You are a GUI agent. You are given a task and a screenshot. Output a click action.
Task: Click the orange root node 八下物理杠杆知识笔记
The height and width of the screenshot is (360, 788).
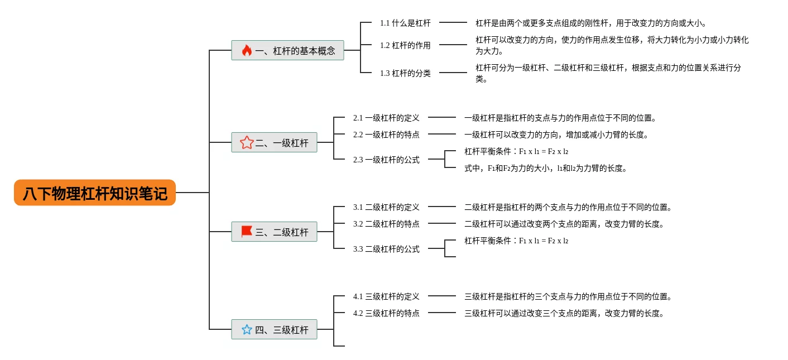click(x=95, y=193)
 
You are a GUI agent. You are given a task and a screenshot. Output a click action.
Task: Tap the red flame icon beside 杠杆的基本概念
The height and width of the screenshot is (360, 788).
click(x=247, y=50)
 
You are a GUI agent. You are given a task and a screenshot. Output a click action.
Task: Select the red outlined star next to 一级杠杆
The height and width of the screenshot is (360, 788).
click(x=247, y=142)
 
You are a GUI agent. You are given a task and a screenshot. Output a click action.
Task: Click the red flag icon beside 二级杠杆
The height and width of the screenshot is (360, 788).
click(x=247, y=232)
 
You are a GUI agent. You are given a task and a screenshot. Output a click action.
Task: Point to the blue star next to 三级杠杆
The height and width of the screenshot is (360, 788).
click(x=247, y=329)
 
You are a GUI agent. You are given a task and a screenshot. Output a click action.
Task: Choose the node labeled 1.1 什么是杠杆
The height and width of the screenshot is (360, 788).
click(x=405, y=23)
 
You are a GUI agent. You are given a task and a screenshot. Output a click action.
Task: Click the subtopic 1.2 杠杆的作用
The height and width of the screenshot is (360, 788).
click(x=405, y=45)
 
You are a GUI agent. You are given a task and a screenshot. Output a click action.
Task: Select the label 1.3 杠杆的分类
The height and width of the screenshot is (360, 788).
click(x=405, y=73)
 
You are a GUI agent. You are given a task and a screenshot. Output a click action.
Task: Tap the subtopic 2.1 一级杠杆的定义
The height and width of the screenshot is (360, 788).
click(x=386, y=118)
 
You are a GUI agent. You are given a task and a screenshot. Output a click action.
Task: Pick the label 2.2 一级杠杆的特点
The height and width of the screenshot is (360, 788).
click(x=386, y=135)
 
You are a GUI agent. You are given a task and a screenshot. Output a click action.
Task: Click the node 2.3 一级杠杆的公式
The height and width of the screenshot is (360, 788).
click(x=386, y=160)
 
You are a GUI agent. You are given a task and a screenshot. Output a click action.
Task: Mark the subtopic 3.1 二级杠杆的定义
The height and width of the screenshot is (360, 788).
click(x=386, y=207)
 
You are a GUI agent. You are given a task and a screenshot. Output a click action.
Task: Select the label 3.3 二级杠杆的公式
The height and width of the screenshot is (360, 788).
click(x=386, y=249)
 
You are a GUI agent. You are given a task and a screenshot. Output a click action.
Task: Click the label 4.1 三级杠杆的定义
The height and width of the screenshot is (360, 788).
click(x=386, y=297)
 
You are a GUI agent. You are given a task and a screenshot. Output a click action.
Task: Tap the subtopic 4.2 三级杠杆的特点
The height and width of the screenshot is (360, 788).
click(x=386, y=313)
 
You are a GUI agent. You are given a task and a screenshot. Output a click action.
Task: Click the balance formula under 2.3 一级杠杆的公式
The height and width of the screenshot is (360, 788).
click(x=516, y=151)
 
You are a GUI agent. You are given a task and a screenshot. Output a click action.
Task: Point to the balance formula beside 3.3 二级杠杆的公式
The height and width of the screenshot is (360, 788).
click(x=516, y=241)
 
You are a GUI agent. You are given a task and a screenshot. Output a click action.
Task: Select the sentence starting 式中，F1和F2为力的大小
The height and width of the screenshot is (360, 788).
click(x=546, y=168)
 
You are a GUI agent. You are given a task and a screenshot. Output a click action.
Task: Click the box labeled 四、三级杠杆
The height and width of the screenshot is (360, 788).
click(x=274, y=329)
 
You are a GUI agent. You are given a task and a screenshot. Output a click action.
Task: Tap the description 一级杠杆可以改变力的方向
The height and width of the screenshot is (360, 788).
click(x=556, y=135)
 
